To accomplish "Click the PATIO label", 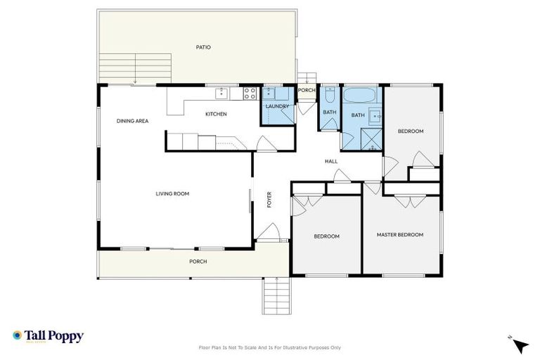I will [203, 47].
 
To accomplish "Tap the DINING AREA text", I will [132, 121].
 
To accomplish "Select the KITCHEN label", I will [216, 114].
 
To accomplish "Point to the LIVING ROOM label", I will [172, 193].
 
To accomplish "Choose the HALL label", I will [331, 161].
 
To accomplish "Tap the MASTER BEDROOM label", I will [399, 235].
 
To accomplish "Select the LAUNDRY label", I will [277, 107].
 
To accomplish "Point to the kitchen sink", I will [221, 91].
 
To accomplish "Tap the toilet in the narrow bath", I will [329, 93].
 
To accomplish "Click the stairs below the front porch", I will [276, 295].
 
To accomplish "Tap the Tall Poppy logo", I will [48, 336].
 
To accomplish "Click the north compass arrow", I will [520, 345].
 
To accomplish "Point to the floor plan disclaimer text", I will [270, 347].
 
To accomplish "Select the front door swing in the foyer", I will [266, 231].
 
